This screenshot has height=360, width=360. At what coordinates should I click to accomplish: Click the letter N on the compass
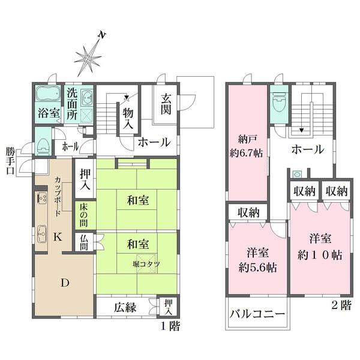[x=102, y=35]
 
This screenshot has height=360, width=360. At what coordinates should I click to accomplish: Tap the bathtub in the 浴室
[x=48, y=94]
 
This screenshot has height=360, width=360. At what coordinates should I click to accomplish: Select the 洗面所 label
[x=72, y=104]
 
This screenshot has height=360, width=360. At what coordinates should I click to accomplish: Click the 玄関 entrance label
[x=166, y=104]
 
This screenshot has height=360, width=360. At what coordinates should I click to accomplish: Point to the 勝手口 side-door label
[x=10, y=161]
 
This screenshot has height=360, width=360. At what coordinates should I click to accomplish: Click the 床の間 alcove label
[x=84, y=215]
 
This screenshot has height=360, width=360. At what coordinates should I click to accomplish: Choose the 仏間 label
[x=84, y=242]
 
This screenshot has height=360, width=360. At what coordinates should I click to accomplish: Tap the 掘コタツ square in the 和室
[x=147, y=264]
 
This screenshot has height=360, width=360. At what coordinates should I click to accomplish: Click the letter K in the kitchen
[x=58, y=236]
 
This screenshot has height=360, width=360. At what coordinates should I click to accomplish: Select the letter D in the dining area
[x=65, y=283]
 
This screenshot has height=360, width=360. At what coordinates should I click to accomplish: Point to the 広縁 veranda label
[x=125, y=307]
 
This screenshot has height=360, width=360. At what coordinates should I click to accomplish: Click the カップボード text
[x=58, y=197]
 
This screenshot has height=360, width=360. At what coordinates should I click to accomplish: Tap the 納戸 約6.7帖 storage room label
[x=247, y=146]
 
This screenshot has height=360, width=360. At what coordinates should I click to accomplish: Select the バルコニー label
[x=257, y=313]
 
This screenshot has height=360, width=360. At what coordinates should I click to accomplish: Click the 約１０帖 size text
[x=320, y=255]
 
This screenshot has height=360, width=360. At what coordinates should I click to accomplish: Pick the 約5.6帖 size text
[x=257, y=268]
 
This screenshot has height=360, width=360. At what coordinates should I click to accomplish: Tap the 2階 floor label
[x=341, y=305]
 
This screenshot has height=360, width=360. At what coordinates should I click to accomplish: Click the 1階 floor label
[x=170, y=326]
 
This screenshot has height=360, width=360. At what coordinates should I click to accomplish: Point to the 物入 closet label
[x=128, y=118]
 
